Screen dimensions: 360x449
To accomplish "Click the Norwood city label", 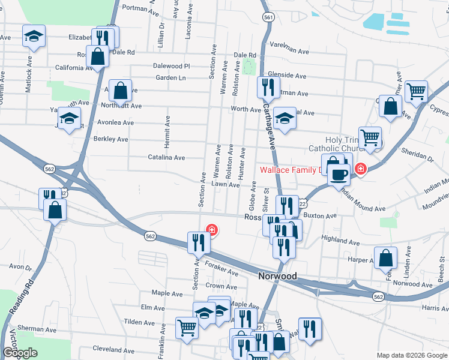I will pyautogui.click(x=277, y=277).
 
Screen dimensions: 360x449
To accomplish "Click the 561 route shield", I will pyautogui.click(x=268, y=18).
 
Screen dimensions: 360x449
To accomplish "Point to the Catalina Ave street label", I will pyautogui.click(x=167, y=157).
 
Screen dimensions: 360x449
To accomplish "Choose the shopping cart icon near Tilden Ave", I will pyautogui.click(x=187, y=328).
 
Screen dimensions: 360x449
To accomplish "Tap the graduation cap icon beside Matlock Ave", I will pyautogui.click(x=34, y=37).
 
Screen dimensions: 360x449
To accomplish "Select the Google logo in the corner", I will pyautogui.click(x=20, y=353).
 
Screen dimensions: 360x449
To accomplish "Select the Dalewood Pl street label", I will pyautogui.click(x=171, y=66).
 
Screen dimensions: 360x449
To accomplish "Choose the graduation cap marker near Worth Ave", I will pyautogui.click(x=285, y=118).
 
